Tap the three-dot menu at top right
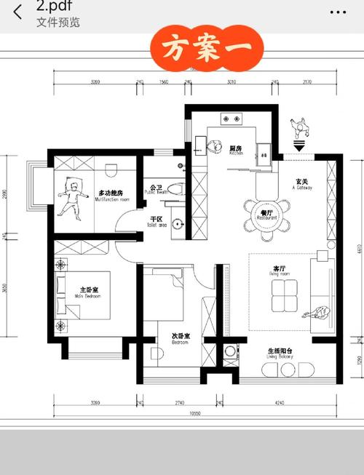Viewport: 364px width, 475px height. tap(337, 12)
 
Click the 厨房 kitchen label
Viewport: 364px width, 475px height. tap(237, 148)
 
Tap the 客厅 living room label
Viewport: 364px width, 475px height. tap(279, 269)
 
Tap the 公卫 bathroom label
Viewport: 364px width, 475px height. tap(156, 188)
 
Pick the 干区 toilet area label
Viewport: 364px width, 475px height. tap(156, 219)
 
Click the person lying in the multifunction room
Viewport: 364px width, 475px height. tap(73, 196)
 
